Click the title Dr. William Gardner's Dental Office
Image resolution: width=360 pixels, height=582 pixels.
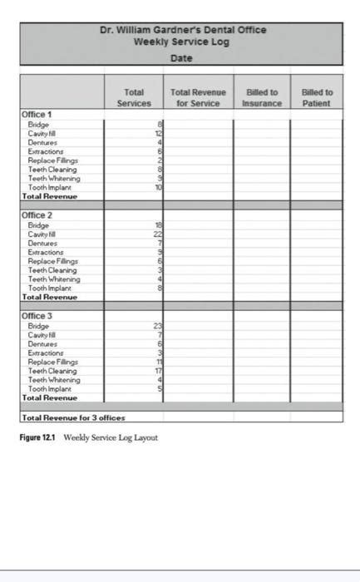(x=182, y=30)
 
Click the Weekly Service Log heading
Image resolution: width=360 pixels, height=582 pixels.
(x=182, y=42)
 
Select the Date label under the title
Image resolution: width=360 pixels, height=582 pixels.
(x=181, y=57)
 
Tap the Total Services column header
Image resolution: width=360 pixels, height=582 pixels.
(x=134, y=97)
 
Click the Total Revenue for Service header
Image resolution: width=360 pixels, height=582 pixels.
(x=198, y=97)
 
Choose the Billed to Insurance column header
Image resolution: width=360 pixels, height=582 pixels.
(x=262, y=97)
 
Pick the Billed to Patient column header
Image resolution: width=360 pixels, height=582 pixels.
(x=316, y=97)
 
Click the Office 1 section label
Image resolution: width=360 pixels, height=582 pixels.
(x=37, y=114)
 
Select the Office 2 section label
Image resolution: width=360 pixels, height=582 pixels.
(x=37, y=215)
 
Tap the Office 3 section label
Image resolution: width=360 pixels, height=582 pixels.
(x=37, y=316)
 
